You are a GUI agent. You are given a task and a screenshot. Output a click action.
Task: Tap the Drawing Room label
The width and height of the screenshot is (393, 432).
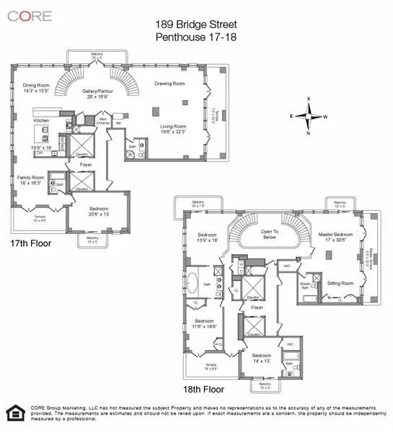coord(169,84)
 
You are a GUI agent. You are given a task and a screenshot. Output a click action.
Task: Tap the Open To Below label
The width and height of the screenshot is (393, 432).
coord(270,233)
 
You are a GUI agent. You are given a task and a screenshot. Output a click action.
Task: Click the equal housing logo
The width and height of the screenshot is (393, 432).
coord(14,413)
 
